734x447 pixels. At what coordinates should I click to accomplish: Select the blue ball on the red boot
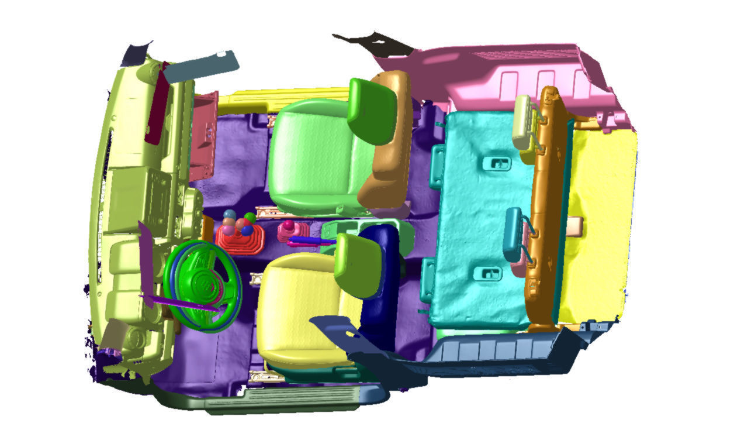tap(247, 231)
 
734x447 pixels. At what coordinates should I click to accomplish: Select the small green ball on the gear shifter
tap(250, 217)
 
